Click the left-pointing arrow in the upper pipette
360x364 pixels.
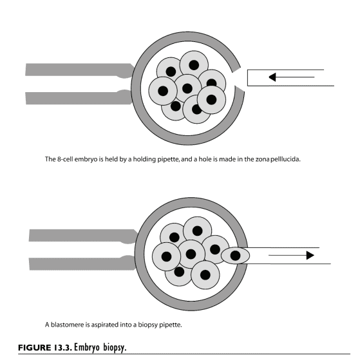292,77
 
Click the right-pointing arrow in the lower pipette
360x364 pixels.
291,255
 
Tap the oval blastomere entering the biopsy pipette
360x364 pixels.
235,256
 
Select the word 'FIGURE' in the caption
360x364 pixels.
35,348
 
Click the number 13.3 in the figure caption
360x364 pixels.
62,348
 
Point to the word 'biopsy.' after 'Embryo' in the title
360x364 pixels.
115,348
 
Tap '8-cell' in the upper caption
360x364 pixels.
65,159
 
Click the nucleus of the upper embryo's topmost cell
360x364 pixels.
194,65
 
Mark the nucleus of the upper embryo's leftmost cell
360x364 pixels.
163,91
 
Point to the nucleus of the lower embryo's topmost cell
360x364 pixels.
198,231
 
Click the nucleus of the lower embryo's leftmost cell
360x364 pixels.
166,256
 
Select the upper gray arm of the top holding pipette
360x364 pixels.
79,70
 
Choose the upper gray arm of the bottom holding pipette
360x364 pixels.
82,236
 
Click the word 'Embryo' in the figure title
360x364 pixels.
87,348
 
